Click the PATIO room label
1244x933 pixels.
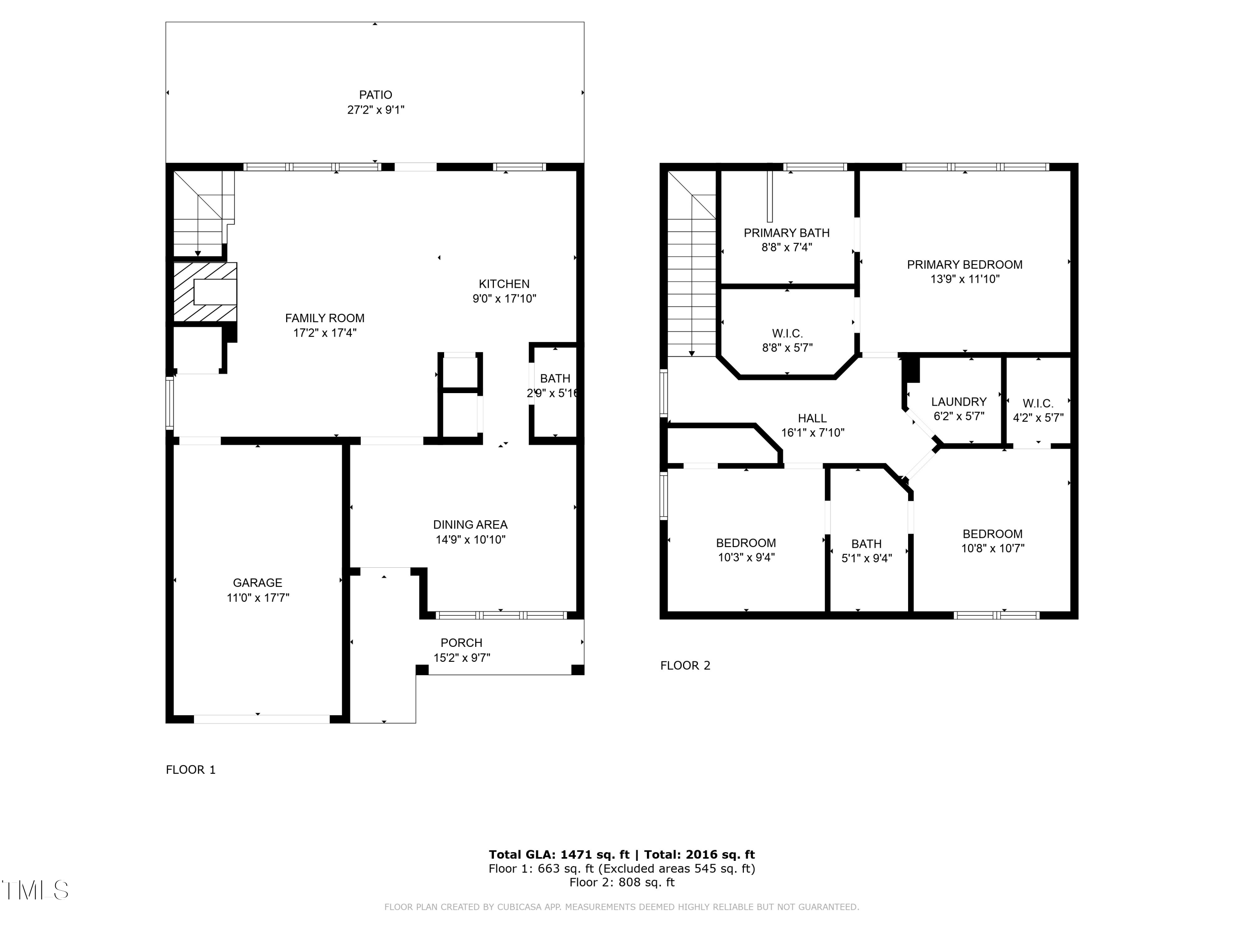[376, 95]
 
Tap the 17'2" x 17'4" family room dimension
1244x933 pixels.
[325, 333]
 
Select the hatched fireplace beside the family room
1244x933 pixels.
[205, 292]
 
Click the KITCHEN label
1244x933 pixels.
[504, 284]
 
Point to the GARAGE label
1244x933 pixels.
[258, 583]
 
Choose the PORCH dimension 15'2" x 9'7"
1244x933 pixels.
[461, 657]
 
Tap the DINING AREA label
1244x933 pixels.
[470, 525]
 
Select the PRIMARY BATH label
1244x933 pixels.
[786, 233]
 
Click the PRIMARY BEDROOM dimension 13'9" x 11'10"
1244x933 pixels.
[965, 279]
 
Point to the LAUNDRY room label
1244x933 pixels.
[958, 401]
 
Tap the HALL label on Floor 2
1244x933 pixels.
[812, 418]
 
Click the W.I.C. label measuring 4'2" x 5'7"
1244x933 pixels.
[1037, 411]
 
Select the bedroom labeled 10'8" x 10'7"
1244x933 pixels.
[992, 541]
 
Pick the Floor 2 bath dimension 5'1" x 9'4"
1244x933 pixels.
[866, 559]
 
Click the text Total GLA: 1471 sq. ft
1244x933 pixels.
[559, 855]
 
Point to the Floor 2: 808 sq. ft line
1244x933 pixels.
[622, 882]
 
